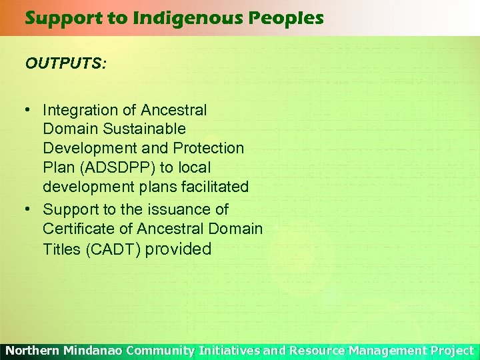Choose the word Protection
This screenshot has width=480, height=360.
click(208, 147)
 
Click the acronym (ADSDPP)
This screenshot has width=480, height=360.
click(117, 167)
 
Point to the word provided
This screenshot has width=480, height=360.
click(178, 249)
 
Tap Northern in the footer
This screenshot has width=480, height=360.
click(32, 351)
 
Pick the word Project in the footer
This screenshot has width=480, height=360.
click(453, 351)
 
